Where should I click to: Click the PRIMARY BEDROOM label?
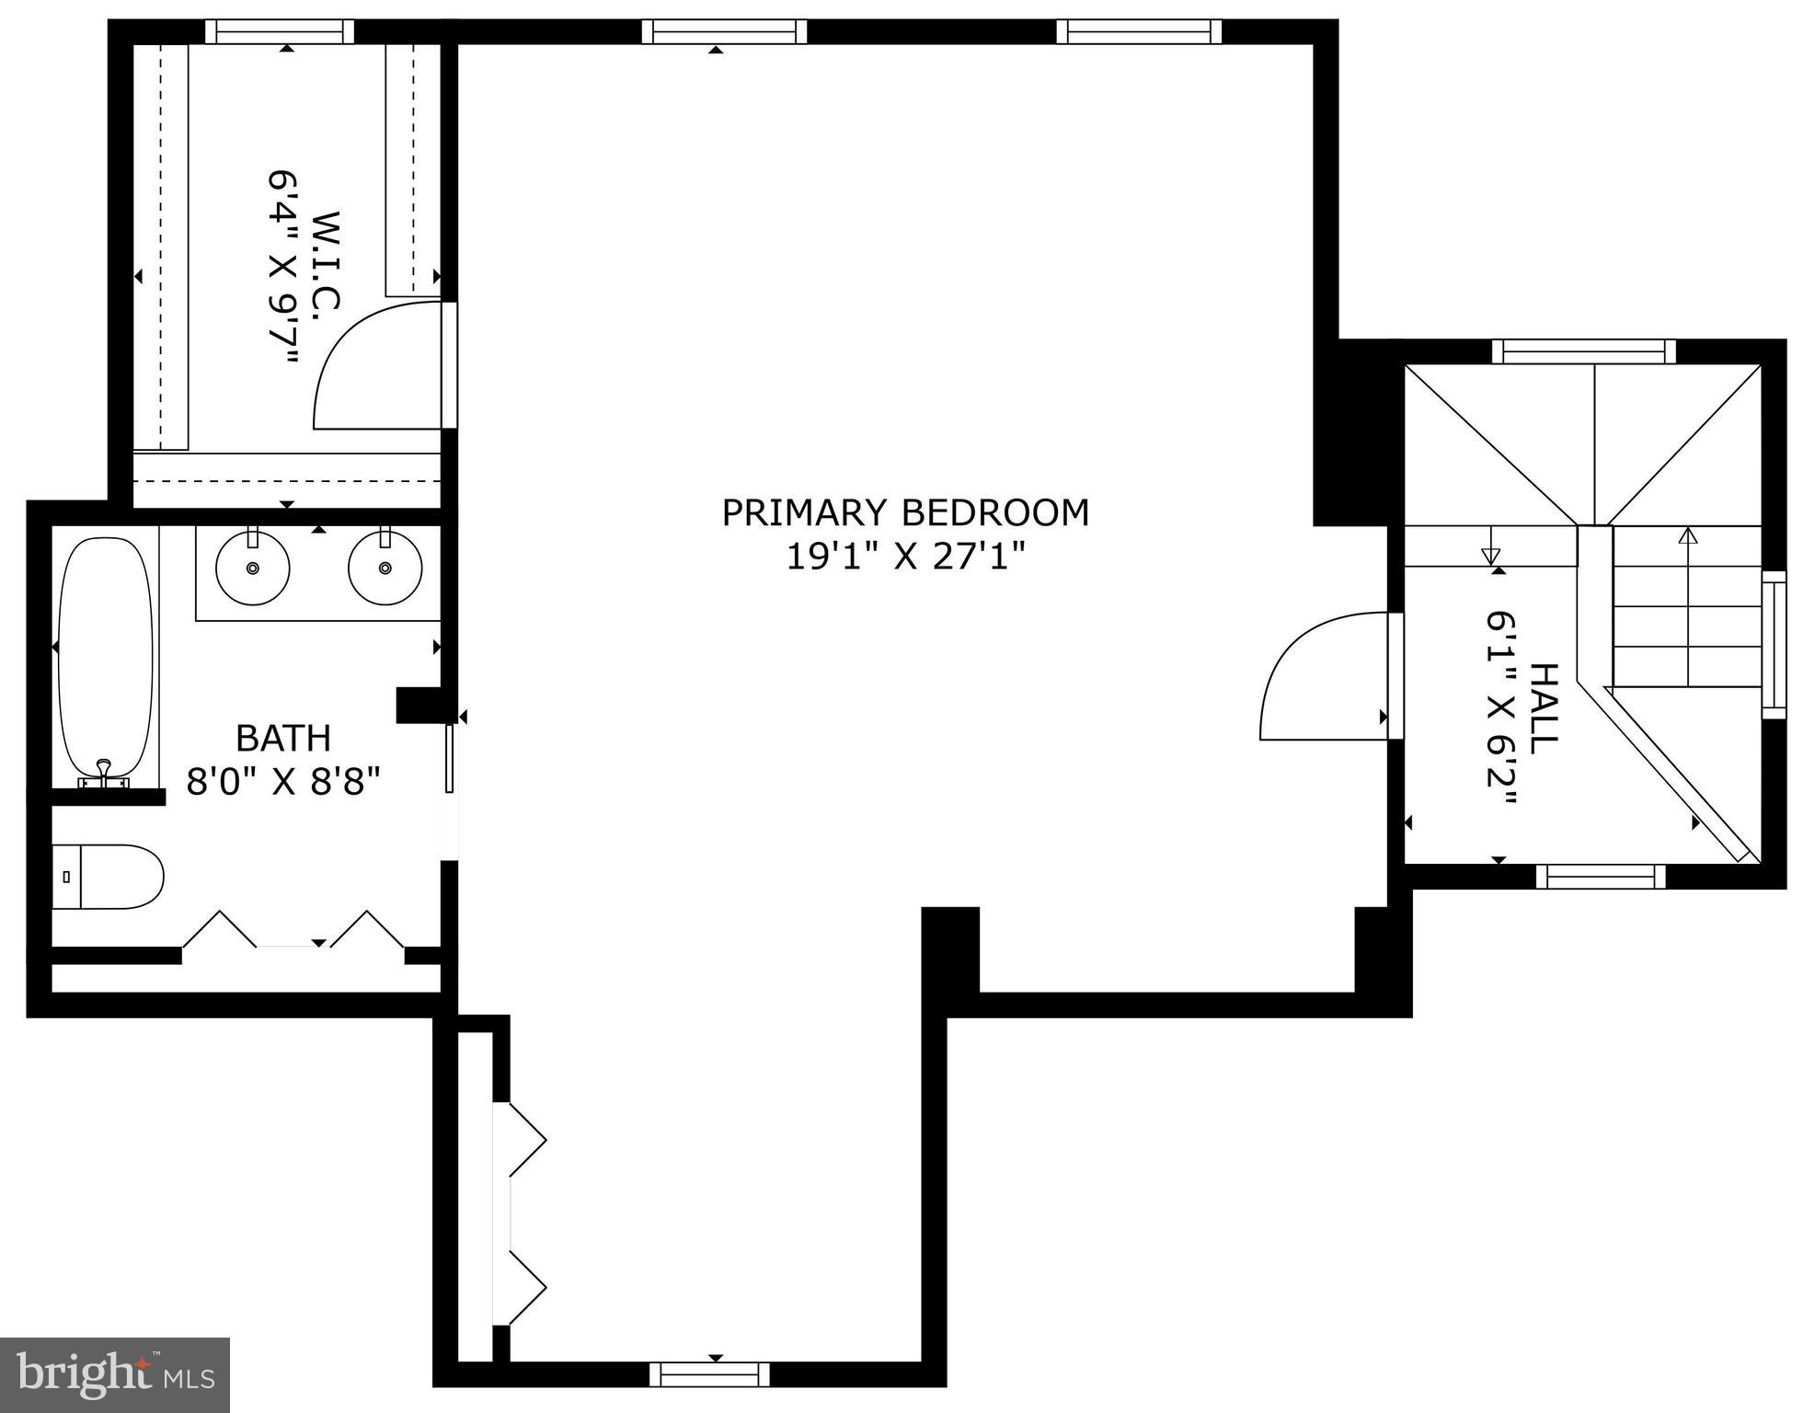point(905,513)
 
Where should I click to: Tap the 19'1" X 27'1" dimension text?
point(905,557)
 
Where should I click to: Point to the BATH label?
point(282,738)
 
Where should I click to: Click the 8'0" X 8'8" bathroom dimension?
point(282,782)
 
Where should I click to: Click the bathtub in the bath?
point(106,653)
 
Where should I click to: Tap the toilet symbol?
point(109,877)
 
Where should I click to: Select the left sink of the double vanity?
point(252,568)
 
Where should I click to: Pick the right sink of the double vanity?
point(385,568)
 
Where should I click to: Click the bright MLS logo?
point(114,1374)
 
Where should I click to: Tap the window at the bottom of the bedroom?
point(709,1374)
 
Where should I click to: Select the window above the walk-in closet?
point(279,32)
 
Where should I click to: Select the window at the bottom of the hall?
point(1600,876)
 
